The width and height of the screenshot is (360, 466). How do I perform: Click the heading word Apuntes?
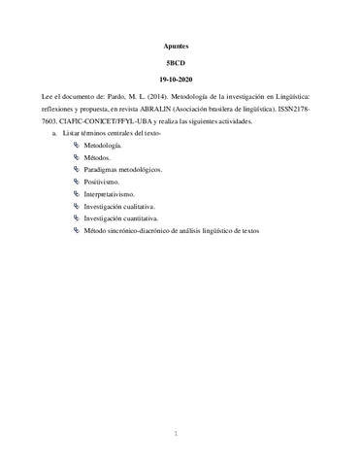[180, 46]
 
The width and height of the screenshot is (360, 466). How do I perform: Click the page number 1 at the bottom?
[177, 434]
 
